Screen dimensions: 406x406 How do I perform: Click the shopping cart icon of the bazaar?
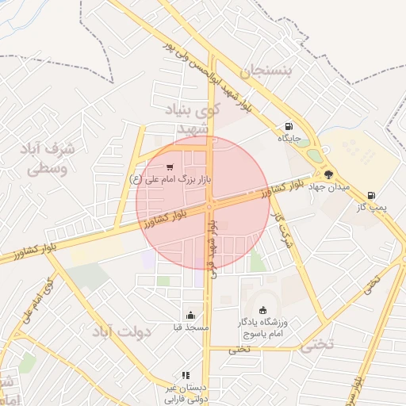point(170,167)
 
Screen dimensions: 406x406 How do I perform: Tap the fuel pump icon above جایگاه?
point(288,126)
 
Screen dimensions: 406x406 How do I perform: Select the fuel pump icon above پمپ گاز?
point(371,195)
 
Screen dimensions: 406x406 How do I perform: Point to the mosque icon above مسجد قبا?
point(190,315)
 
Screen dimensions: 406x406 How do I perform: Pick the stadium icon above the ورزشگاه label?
point(263,310)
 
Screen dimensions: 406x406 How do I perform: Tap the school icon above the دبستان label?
point(186,375)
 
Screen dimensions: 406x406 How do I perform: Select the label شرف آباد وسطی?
point(49,159)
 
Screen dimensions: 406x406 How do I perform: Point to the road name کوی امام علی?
point(40,300)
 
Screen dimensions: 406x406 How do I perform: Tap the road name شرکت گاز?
point(282,231)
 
